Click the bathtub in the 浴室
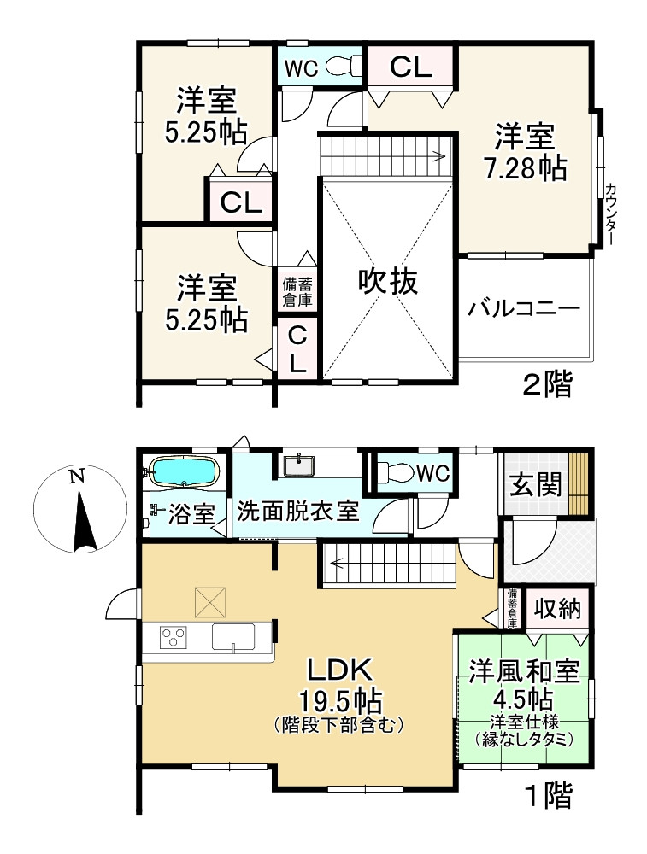click(183, 471)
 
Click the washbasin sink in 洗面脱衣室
click(298, 465)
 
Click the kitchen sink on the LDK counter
click(232, 638)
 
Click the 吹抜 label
click(388, 281)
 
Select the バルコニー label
click(523, 308)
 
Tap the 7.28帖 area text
click(525, 168)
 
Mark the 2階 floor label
click(547, 385)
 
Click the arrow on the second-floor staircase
click(436, 155)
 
